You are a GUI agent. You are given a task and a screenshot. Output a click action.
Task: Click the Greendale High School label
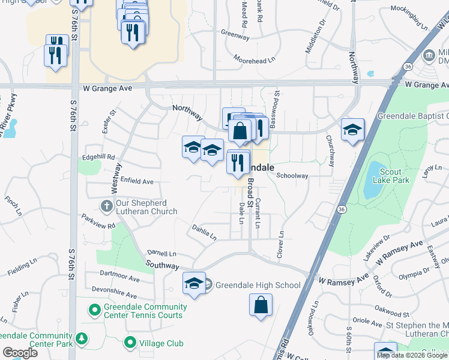point(258,285)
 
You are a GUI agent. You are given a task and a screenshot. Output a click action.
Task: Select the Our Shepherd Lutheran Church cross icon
point(106,206)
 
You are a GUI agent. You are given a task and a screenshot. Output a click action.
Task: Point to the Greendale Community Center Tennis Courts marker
point(94,310)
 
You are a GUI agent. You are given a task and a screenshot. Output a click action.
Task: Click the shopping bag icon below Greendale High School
point(261,304)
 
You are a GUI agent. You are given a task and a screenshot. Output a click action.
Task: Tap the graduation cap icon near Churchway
point(352,130)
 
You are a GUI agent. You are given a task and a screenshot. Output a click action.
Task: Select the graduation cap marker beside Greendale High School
point(194,283)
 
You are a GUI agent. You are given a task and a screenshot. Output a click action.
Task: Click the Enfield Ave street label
point(137,181)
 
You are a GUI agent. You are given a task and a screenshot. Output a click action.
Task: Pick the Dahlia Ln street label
point(204,233)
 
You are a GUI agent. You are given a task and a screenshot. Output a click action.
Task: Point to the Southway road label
point(162,265)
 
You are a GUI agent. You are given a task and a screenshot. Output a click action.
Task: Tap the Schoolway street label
point(292,176)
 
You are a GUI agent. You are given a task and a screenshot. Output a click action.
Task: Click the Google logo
point(20,353)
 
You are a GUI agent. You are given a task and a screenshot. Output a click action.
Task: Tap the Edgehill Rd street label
point(99,157)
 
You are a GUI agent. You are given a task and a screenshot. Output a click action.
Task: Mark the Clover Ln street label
point(280,246)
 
